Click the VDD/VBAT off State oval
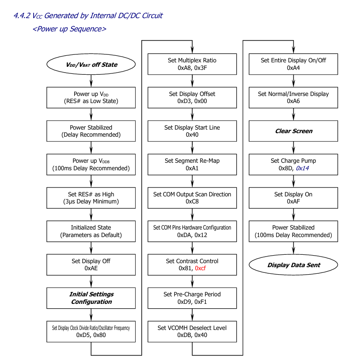tap(91, 65)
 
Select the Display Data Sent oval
tap(293, 265)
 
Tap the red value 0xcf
tap(200, 268)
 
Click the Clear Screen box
tap(293, 131)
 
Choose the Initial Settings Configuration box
tap(91, 298)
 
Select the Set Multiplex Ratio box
tap(192, 64)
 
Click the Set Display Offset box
tap(192, 98)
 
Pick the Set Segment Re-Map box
tap(192, 165)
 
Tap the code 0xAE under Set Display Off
tap(91, 268)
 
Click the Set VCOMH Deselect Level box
tap(192, 331)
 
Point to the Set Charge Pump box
tap(293, 165)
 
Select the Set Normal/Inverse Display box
tap(293, 98)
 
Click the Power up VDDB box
tap(91, 165)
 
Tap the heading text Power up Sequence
tap(69, 29)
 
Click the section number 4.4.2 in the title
tap(22, 16)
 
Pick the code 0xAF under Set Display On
tap(293, 202)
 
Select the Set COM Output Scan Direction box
tap(192, 198)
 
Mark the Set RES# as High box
tap(91, 198)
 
